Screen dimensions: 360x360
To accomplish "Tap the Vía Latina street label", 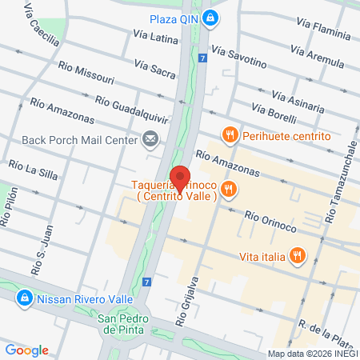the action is (x=155, y=37).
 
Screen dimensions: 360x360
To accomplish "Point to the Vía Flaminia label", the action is (x=319, y=30).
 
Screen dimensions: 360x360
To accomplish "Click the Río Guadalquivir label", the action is (x=131, y=110).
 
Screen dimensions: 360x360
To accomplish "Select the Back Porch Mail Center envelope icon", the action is (x=150, y=140).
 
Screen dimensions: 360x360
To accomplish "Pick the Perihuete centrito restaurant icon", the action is (x=230, y=136).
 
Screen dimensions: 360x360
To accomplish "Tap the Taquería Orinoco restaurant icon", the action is (x=229, y=189).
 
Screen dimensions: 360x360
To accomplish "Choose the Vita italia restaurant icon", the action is (x=297, y=256).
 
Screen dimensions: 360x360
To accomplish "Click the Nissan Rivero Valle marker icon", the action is (x=24, y=300).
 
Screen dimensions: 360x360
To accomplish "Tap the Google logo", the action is (x=26, y=350).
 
